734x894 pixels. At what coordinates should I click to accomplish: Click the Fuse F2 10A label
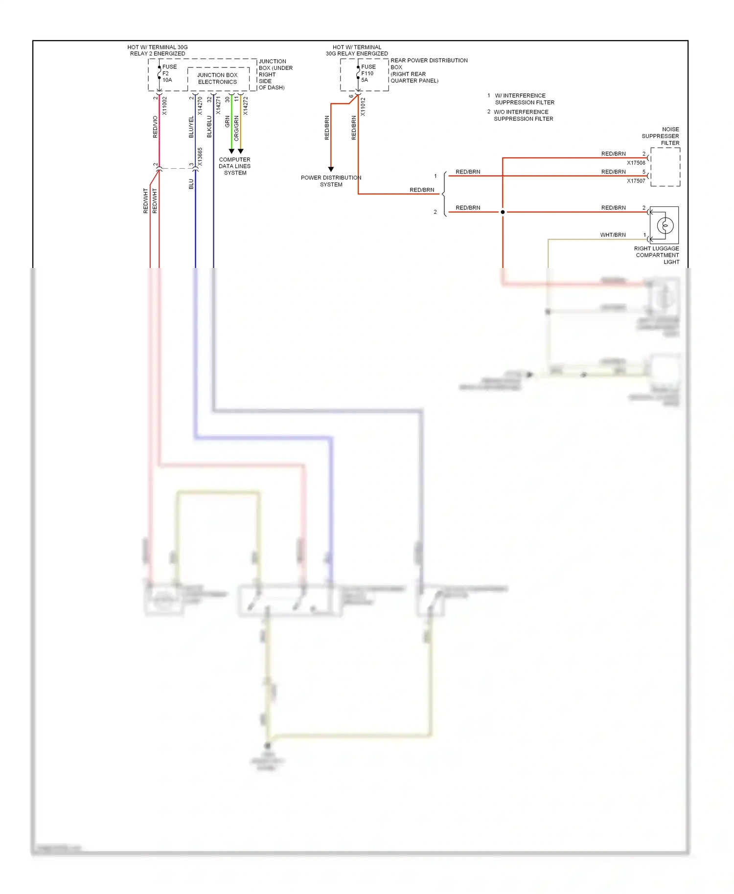click(169, 73)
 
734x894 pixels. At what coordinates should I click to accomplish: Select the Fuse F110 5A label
click(368, 73)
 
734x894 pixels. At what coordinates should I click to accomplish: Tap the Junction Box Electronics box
click(217, 79)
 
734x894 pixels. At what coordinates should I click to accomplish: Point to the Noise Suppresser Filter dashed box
click(665, 167)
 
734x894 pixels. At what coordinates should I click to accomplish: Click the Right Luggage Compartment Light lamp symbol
click(665, 225)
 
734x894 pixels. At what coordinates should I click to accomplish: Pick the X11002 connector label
click(165, 106)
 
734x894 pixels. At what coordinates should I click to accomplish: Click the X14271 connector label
click(218, 106)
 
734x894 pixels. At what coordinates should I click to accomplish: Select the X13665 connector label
click(200, 157)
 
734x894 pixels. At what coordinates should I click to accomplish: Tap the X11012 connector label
click(363, 107)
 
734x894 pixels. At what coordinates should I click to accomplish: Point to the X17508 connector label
click(636, 163)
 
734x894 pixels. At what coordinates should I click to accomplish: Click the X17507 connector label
click(636, 181)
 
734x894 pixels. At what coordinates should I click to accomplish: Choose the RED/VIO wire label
click(156, 127)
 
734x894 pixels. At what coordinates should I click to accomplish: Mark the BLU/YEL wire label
click(191, 127)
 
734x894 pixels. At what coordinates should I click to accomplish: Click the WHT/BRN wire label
click(613, 235)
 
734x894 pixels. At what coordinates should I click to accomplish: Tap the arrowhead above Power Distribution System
click(331, 169)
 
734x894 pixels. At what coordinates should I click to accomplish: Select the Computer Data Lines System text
click(235, 166)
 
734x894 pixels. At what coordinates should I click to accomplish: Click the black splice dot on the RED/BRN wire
click(503, 212)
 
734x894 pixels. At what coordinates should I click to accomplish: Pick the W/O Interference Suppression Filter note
click(523, 115)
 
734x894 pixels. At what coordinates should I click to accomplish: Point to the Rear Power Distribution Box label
click(428, 70)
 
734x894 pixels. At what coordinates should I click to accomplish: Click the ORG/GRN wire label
click(237, 128)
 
